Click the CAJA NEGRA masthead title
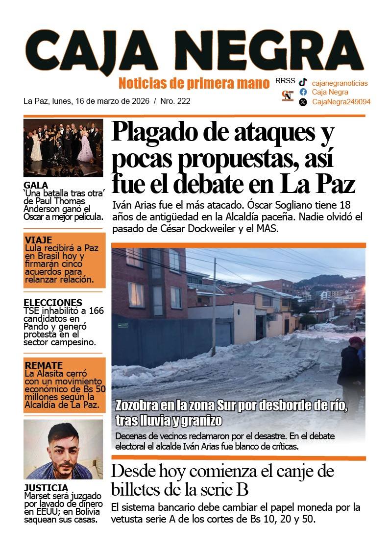pyautogui.click(x=194, y=50)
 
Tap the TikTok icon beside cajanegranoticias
pyautogui.click(x=303, y=82)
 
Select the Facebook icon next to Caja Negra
pyautogui.click(x=303, y=92)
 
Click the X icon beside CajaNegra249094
pyautogui.click(x=303, y=102)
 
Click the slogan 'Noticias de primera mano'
pyautogui.click(x=194, y=83)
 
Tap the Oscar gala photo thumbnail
pyautogui.click(x=63, y=147)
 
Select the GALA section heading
pyautogui.click(x=36, y=185)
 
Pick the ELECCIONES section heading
pyautogui.click(x=53, y=303)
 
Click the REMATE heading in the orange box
pyautogui.click(x=44, y=365)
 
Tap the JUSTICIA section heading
pyautogui.click(x=46, y=488)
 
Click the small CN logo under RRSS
pyautogui.click(x=288, y=96)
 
